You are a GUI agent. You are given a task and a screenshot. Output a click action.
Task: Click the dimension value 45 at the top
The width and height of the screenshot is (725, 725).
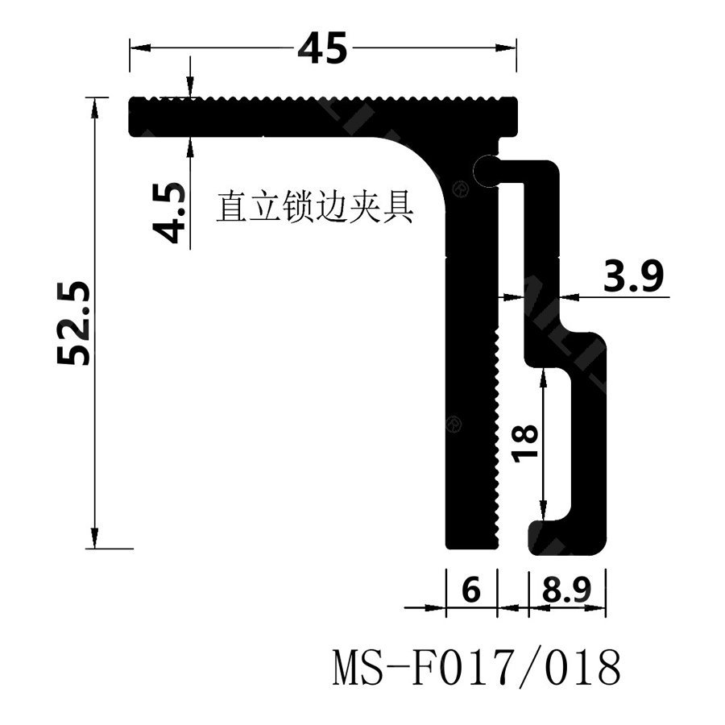tap(322, 48)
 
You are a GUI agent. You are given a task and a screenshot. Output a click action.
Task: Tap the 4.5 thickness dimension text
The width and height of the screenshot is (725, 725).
tap(170, 213)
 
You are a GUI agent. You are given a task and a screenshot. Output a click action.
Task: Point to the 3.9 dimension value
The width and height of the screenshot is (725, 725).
tap(633, 278)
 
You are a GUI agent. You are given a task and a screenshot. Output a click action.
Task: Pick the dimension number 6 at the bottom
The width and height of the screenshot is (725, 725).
tap(472, 591)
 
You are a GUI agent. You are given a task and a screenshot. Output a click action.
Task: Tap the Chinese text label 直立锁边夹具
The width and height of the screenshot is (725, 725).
tap(314, 208)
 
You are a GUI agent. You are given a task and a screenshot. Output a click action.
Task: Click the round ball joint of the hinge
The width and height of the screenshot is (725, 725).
tap(487, 170)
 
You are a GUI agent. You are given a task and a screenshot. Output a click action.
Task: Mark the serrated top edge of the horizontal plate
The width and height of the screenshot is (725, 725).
tap(322, 99)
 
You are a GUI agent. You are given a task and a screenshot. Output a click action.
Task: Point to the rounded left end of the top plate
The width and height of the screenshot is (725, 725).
tap(134, 116)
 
